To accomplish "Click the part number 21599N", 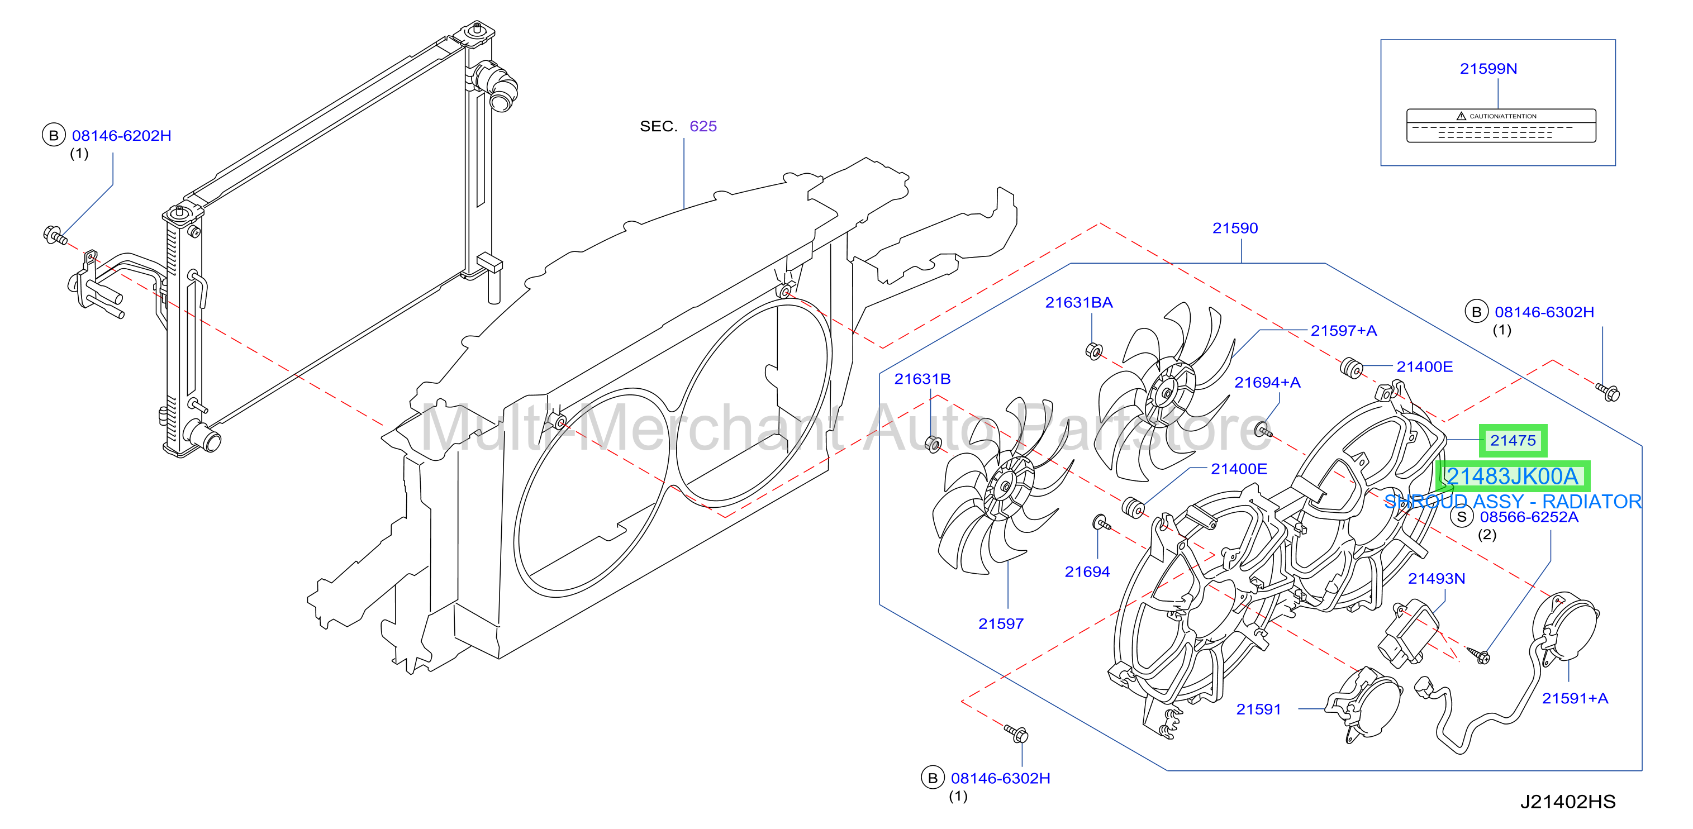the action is tap(1488, 69).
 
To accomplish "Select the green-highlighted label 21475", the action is tap(1513, 440).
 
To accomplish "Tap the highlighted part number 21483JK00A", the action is tap(1513, 477).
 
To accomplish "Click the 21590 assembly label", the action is tap(1235, 228).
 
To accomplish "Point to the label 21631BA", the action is tap(1078, 302).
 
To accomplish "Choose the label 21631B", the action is tap(922, 379).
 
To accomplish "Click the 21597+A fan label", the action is tap(1343, 330).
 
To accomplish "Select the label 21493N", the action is tap(1436, 578).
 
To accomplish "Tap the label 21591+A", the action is tap(1575, 698).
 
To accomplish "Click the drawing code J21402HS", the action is tap(1567, 802).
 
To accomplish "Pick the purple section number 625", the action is tap(703, 126).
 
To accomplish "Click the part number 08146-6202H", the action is tap(122, 136).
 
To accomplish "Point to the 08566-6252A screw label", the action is tap(1529, 517).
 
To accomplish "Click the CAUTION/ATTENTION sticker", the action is tap(1501, 126).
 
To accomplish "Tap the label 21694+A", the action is tap(1267, 382).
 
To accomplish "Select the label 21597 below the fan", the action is tap(1000, 624).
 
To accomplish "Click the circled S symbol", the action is tap(1462, 517).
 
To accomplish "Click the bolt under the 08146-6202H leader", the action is tap(55, 235).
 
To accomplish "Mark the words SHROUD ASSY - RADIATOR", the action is tap(1513, 502).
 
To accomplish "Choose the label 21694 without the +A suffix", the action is tap(1087, 572).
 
